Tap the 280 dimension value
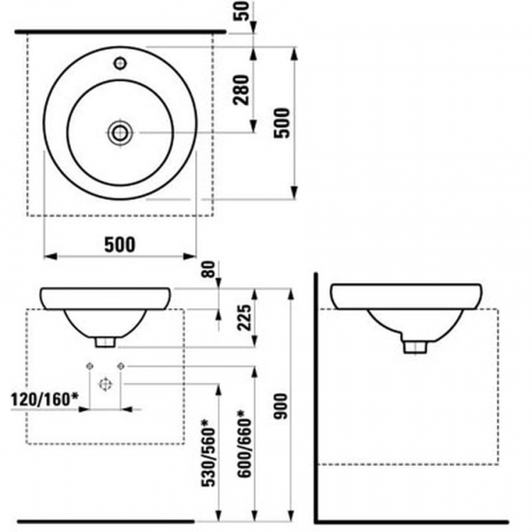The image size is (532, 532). tap(241, 90)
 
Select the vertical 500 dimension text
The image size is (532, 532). tap(282, 123)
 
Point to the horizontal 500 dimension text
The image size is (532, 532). tap(119, 244)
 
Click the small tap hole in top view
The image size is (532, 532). tap(120, 63)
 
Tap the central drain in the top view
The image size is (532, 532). tap(120, 133)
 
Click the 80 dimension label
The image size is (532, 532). tap(209, 270)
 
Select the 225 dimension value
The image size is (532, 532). tap(245, 318)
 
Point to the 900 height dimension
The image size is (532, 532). tap(281, 406)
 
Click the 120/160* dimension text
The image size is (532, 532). tap(45, 399)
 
